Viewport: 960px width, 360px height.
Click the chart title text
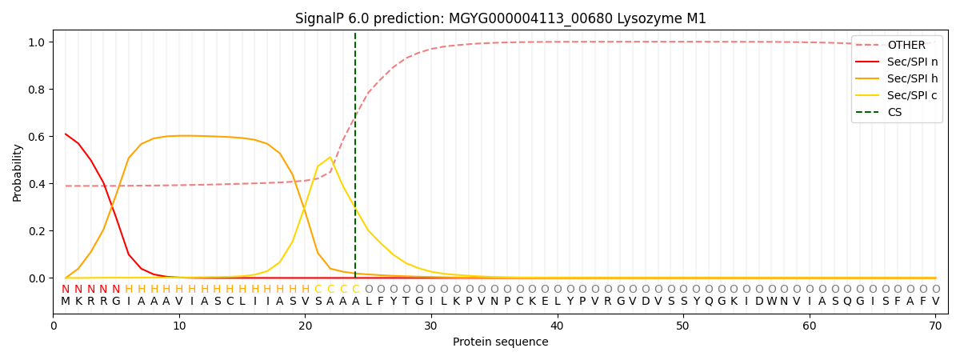501,18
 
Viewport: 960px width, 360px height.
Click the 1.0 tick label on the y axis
37,42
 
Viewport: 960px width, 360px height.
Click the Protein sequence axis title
501,342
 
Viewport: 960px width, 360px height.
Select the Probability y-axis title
18,172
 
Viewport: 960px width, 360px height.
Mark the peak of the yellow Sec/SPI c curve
330,158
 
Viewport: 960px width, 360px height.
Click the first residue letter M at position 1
66,302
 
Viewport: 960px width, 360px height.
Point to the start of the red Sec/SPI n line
66,134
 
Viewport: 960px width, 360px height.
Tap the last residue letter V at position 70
935,302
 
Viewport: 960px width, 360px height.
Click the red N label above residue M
66,290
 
